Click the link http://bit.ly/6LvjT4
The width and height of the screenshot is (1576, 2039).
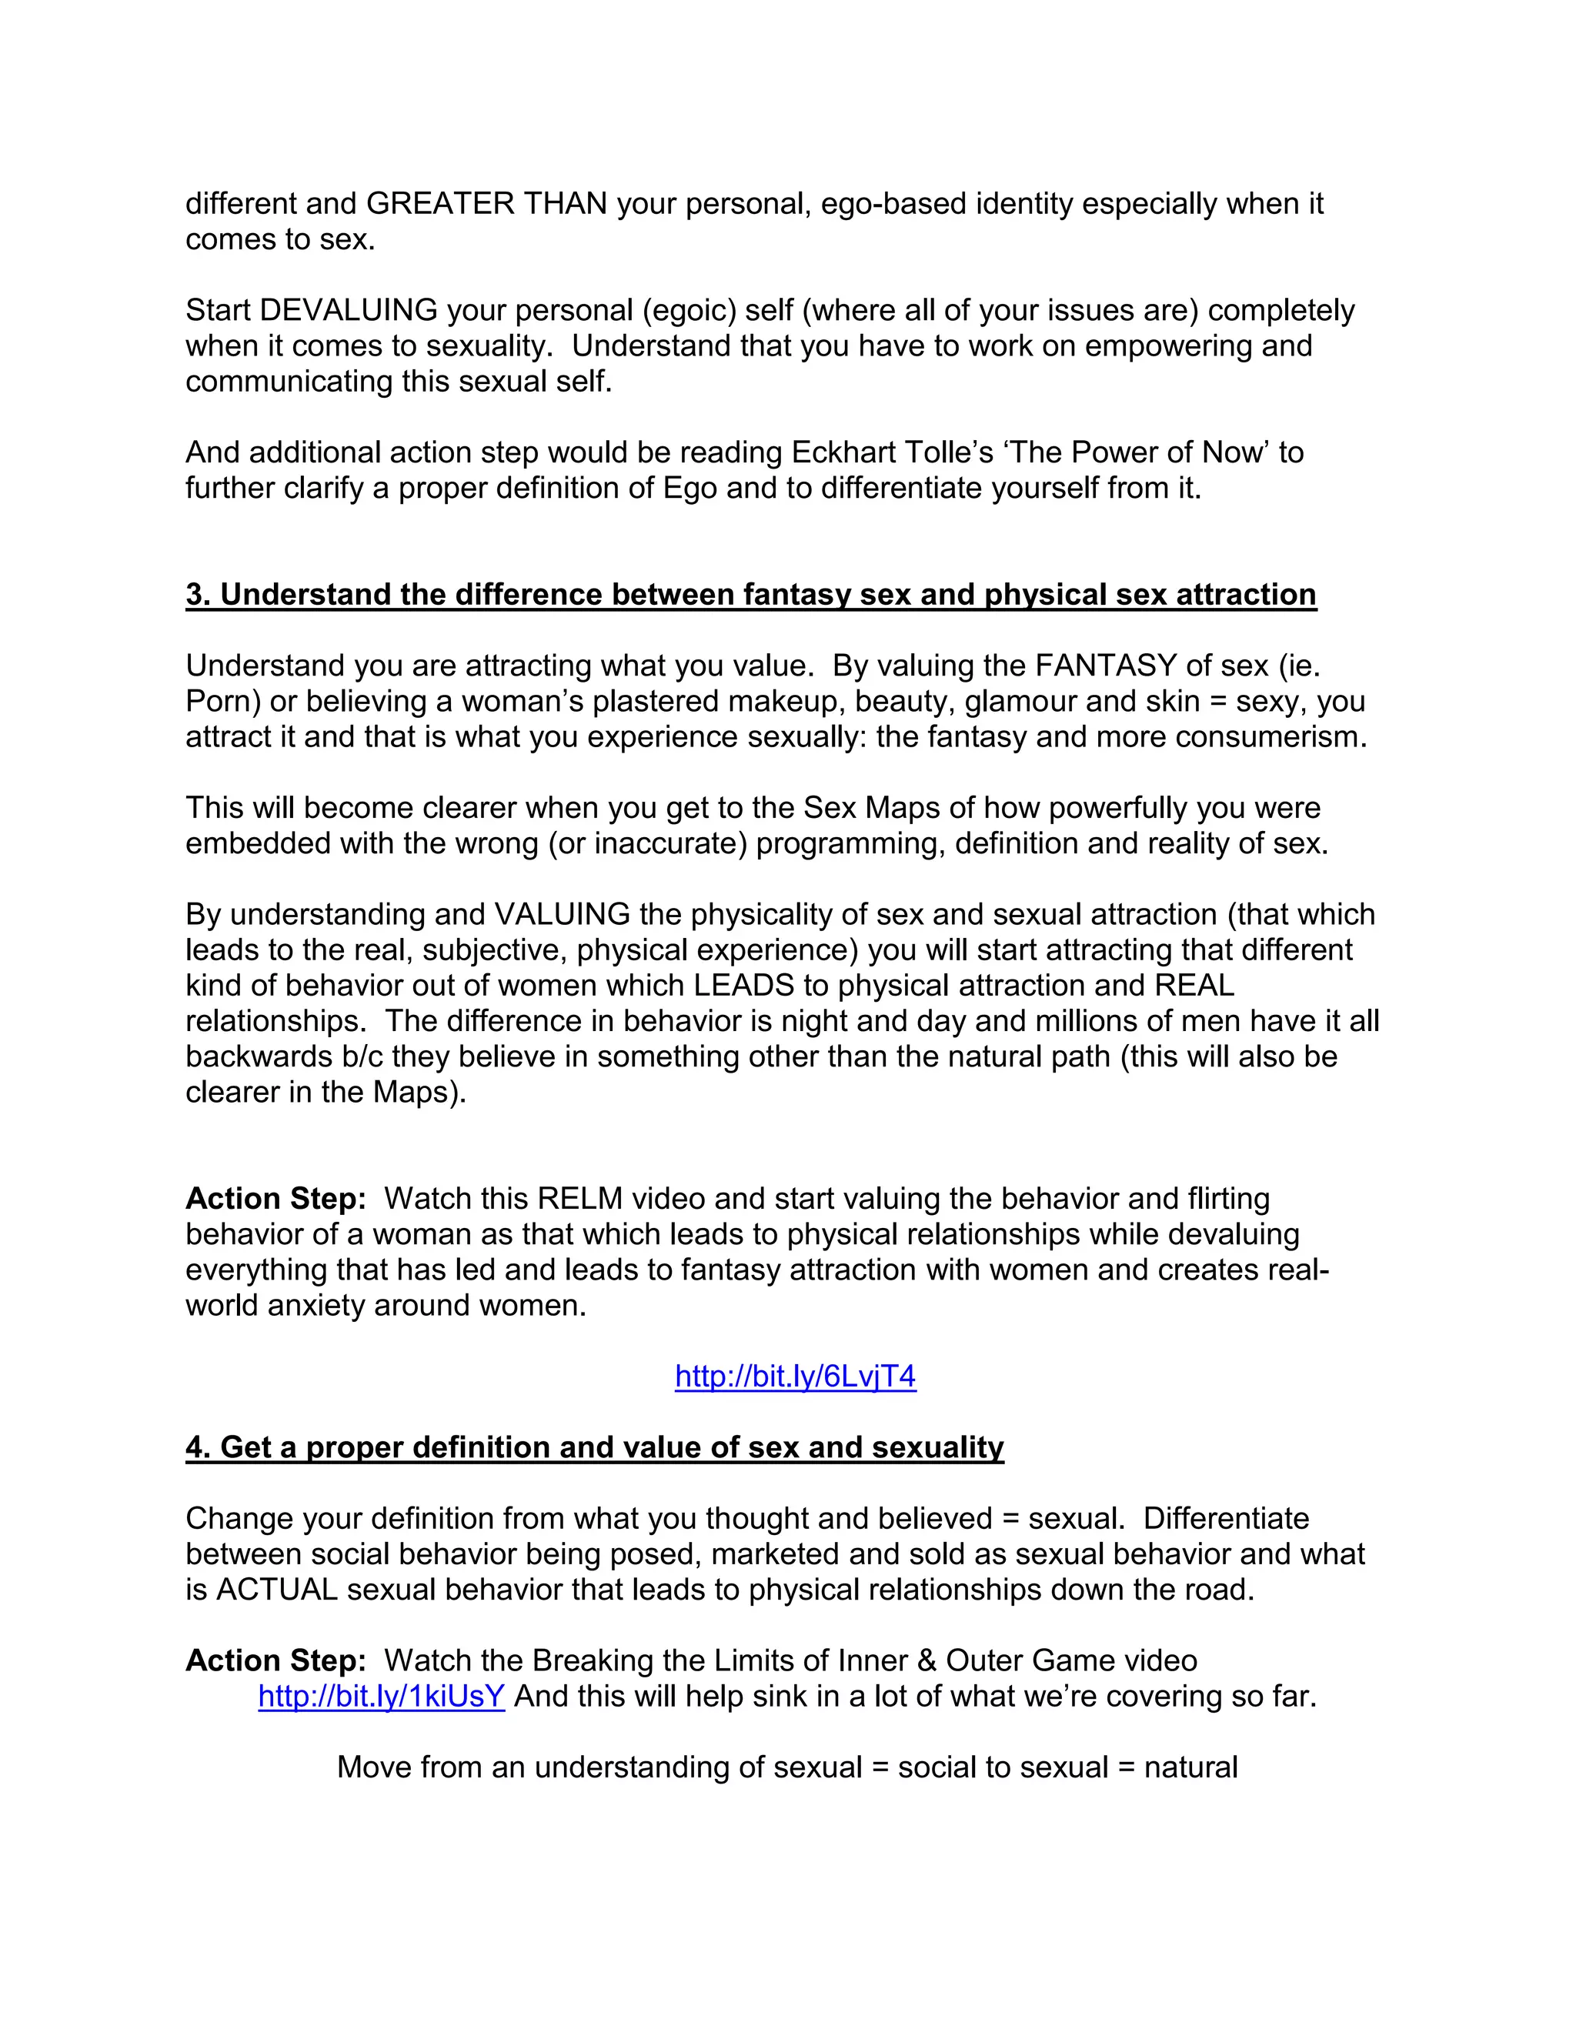click(796, 1377)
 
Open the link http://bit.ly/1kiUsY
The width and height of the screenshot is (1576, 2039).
click(381, 1697)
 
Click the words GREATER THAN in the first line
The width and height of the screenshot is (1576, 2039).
click(486, 204)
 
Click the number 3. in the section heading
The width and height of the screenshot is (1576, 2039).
click(198, 595)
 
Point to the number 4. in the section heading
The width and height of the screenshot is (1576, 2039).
click(198, 1447)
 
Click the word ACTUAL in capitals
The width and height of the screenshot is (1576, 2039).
click(277, 1590)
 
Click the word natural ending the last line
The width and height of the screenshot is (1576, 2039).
click(1190, 1767)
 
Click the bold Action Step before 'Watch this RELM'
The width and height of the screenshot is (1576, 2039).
click(275, 1199)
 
